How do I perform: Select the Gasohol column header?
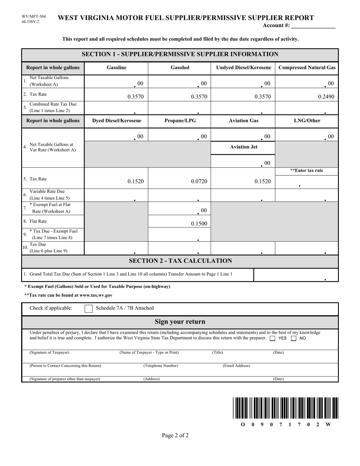point(180,68)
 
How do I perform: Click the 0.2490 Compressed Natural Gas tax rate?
point(326,97)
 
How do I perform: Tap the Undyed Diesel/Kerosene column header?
point(243,68)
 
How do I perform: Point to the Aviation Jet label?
point(243,147)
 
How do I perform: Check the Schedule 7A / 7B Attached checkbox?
point(88,308)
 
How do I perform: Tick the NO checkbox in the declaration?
point(293,338)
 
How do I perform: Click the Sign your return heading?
point(180,322)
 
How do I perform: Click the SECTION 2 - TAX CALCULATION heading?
point(180,261)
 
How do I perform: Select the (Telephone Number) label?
point(161,366)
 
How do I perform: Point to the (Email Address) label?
point(236,366)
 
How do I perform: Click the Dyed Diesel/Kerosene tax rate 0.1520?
point(135,181)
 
